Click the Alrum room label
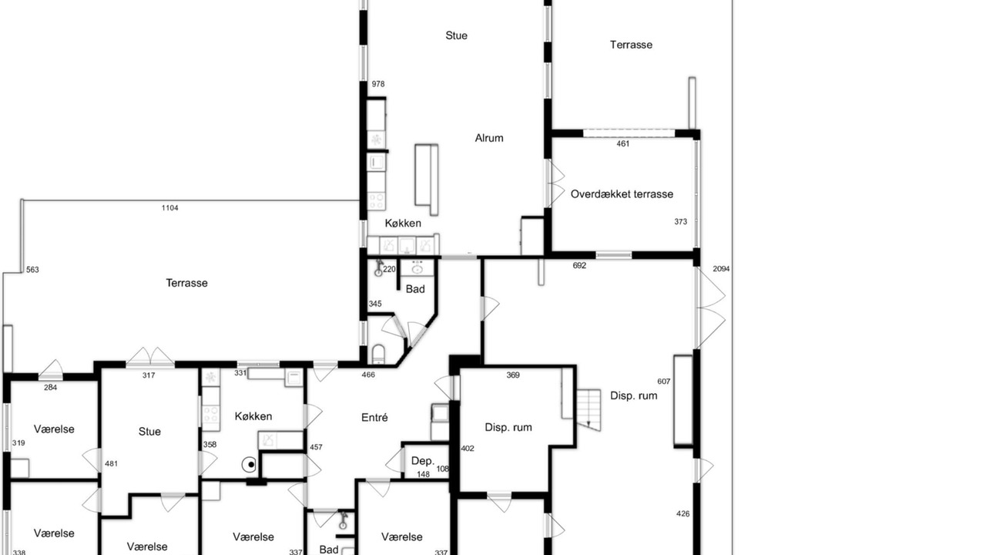[489, 138]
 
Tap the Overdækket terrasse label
[622, 194]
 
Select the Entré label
[374, 418]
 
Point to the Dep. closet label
[423, 461]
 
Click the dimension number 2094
[721, 269]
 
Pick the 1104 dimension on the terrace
[170, 208]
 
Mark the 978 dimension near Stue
[378, 84]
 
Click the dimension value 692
[579, 266]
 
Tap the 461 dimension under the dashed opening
[623, 143]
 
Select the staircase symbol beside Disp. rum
[589, 409]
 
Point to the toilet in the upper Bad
[378, 355]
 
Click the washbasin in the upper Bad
[417, 267]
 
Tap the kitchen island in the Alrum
[426, 180]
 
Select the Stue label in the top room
[457, 35]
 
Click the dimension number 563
[32, 270]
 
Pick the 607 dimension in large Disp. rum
[664, 382]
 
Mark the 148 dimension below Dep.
[423, 474]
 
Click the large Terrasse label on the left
[186, 283]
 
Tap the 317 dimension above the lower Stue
[149, 375]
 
